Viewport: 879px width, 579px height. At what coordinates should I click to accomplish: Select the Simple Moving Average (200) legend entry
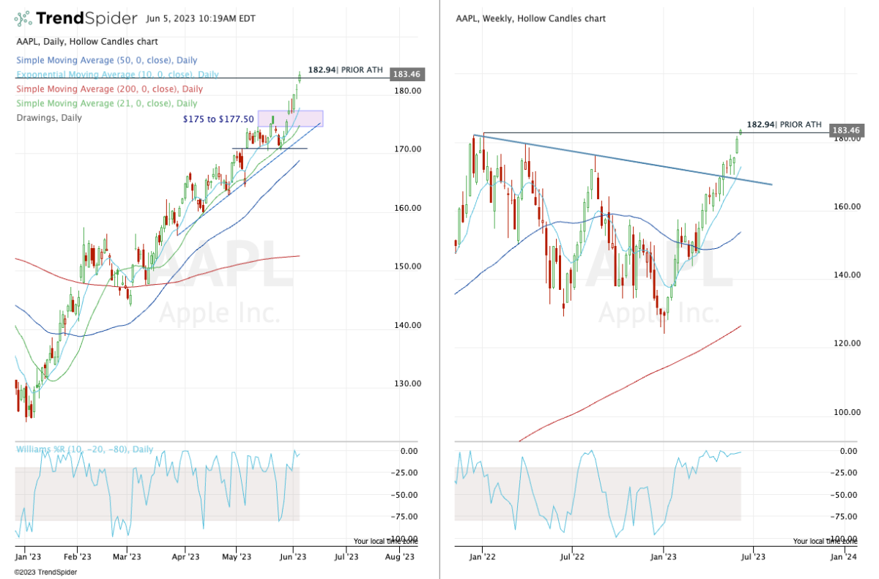[x=109, y=89]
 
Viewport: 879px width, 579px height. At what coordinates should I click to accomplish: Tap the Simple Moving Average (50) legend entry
[x=106, y=60]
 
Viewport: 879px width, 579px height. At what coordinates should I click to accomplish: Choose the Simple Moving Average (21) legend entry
[x=106, y=103]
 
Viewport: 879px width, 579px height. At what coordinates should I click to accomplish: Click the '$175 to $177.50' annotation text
[x=218, y=119]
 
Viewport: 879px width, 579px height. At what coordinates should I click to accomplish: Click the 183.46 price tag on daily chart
[x=409, y=74]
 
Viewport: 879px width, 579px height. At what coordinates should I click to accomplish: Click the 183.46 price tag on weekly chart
[x=845, y=130]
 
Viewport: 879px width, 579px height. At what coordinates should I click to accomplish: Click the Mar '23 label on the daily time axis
[x=127, y=557]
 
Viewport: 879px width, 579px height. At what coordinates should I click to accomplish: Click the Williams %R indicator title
[x=85, y=449]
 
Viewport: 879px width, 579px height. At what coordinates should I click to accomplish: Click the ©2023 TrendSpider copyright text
[x=45, y=572]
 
